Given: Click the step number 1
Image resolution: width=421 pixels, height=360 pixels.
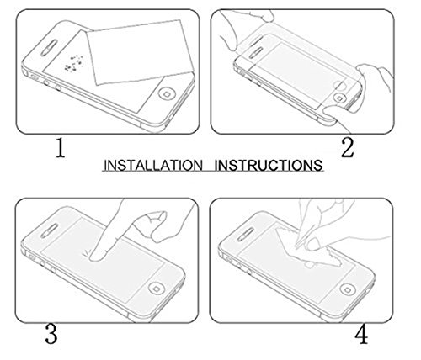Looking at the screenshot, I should point(58,150).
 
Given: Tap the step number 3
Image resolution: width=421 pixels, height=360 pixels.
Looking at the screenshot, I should point(51,336).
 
